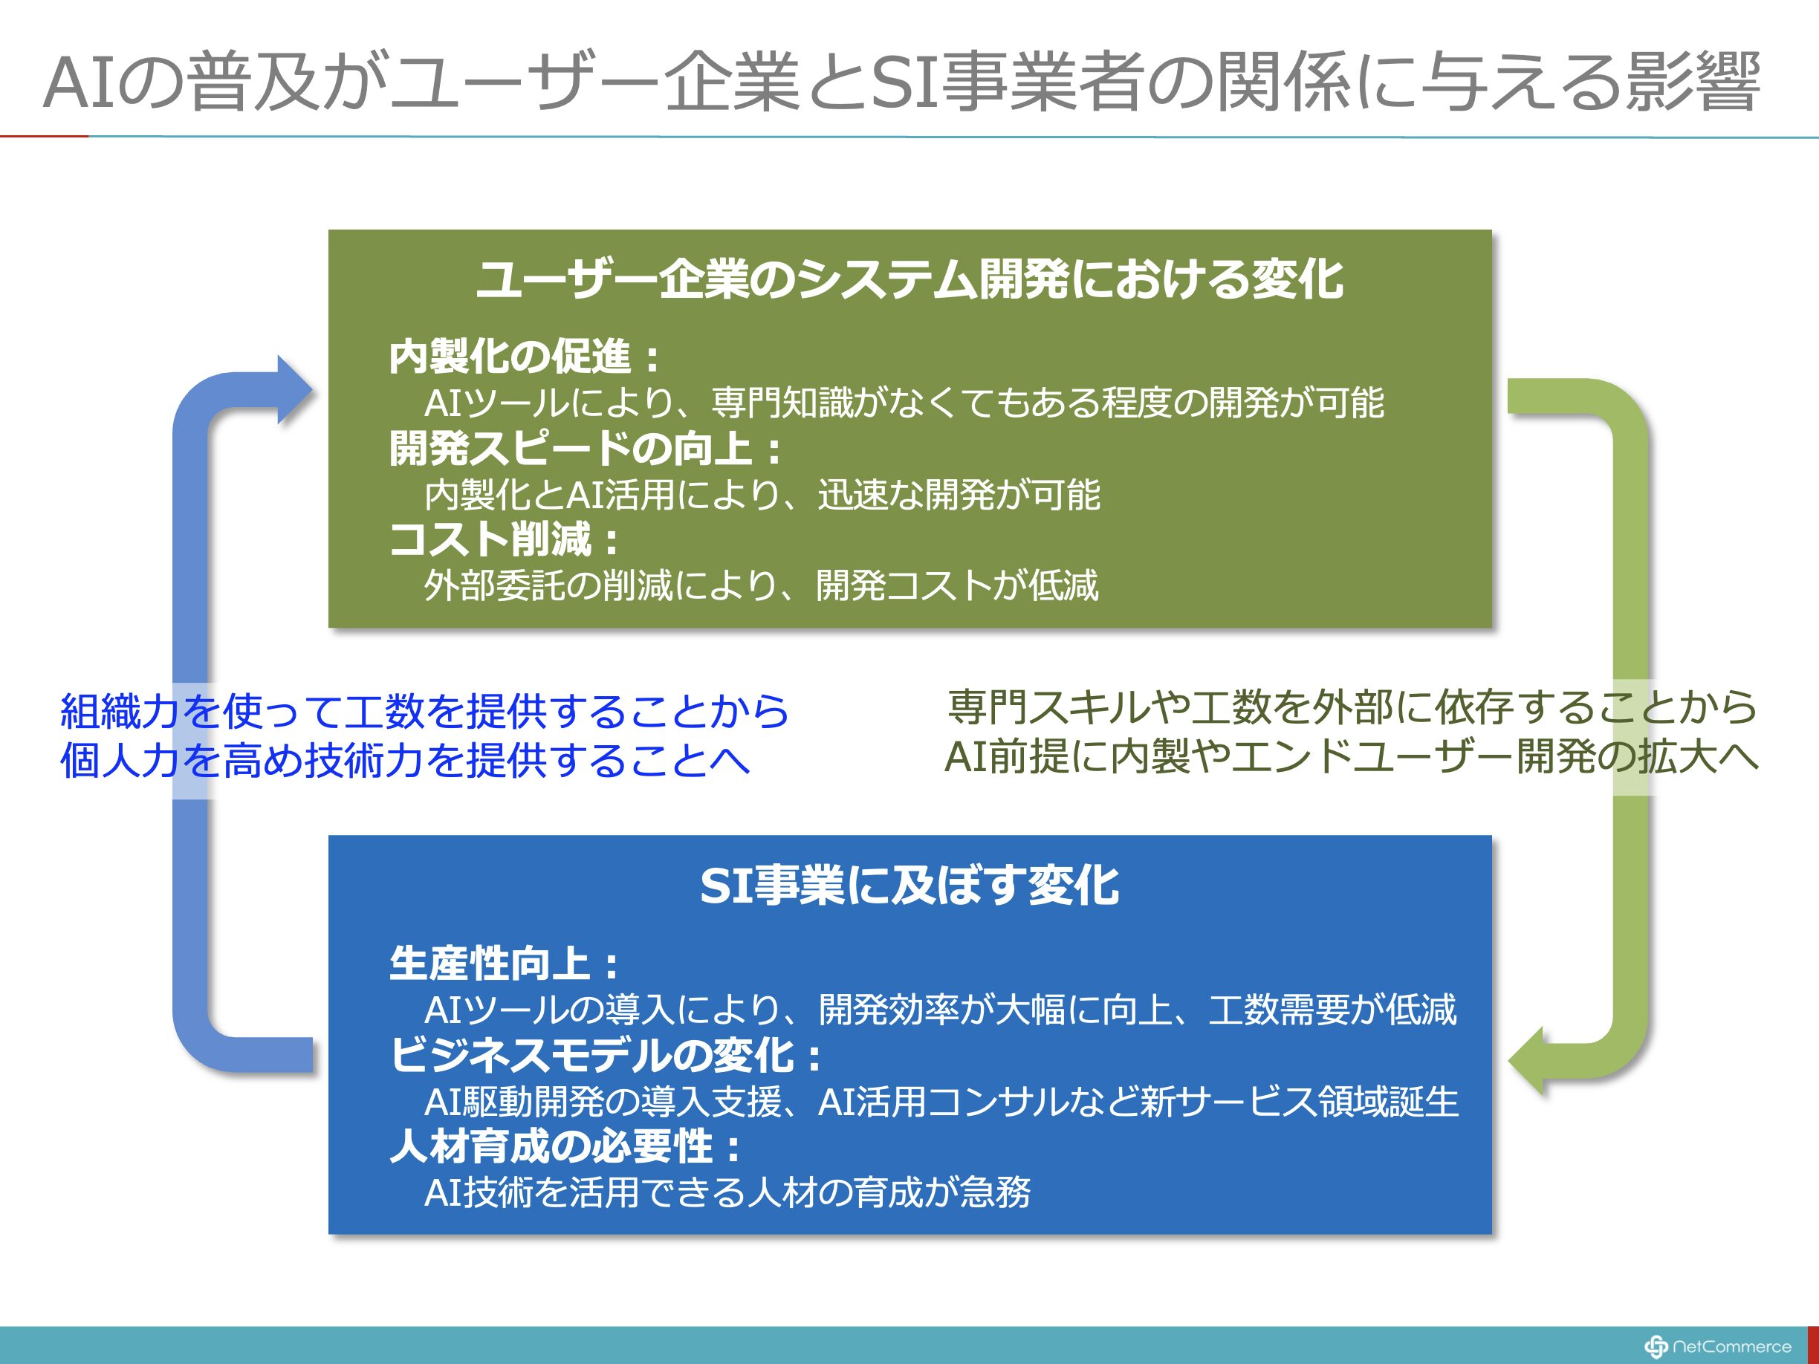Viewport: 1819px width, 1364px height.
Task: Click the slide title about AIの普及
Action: tap(901, 82)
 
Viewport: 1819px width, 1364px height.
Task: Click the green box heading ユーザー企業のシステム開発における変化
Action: tap(909, 279)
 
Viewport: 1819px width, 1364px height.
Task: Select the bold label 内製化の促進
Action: tap(524, 357)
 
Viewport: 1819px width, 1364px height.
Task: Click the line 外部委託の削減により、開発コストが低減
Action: tap(762, 586)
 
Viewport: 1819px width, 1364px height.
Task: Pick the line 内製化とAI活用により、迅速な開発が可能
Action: tap(762, 495)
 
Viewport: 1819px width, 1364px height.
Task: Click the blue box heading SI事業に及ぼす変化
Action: tap(909, 886)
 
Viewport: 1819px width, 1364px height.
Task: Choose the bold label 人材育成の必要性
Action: tap(565, 1147)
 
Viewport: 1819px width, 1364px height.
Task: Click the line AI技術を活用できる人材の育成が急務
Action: tap(727, 1193)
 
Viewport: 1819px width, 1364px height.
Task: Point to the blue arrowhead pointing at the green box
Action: tap(294, 390)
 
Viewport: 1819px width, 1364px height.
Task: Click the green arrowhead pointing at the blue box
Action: tap(1526, 1061)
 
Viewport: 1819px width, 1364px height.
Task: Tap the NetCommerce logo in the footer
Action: tap(1717, 1346)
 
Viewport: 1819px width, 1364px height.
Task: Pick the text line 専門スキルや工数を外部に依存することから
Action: tap(1353, 708)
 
